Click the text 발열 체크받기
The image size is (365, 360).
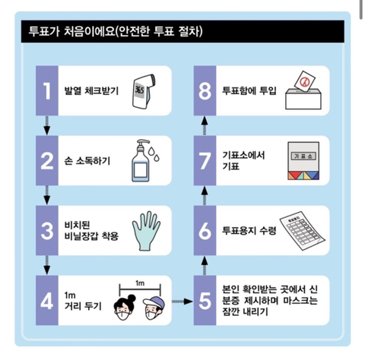[90, 90]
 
